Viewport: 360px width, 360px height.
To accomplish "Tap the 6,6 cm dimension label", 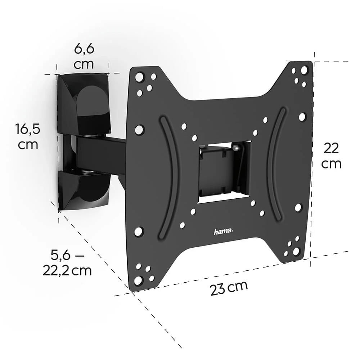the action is click(84, 56).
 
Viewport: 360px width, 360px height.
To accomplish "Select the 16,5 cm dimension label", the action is click(28, 136).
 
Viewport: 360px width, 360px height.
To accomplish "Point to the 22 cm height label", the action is click(331, 156).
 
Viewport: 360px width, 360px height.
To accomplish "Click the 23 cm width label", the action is click(229, 287).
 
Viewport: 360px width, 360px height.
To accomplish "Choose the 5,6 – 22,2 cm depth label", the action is click(67, 263).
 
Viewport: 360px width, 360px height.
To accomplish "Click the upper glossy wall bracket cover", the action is click(84, 103).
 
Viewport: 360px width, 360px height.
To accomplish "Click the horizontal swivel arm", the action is click(101, 152).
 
